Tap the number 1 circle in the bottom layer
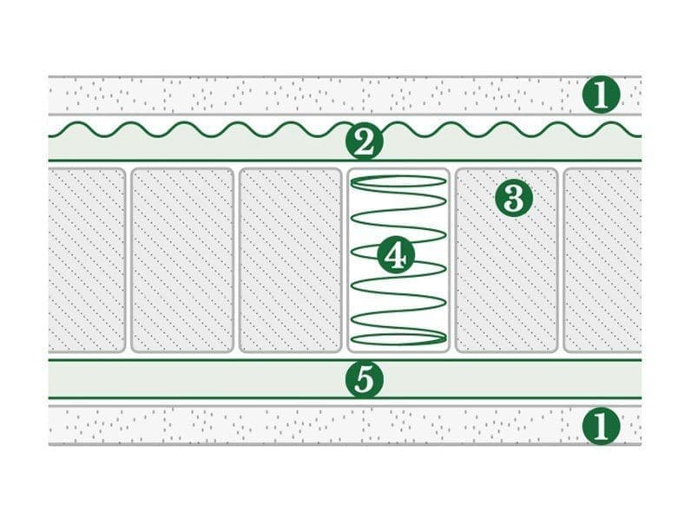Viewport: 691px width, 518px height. pos(601,426)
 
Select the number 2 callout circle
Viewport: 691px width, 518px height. pos(364,141)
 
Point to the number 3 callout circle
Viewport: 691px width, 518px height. pos(513,198)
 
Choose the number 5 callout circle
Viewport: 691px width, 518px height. pos(364,380)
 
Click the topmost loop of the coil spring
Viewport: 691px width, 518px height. pos(398,182)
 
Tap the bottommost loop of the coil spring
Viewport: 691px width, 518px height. pos(398,338)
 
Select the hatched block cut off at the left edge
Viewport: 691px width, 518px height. pos(87,260)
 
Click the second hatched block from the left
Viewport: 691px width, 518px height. pos(182,260)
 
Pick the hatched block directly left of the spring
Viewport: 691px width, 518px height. pos(290,260)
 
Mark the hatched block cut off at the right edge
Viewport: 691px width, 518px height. pos(602,260)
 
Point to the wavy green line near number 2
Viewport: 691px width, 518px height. pos(345,128)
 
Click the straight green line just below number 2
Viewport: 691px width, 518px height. pos(345,161)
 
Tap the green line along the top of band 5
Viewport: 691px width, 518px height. pos(345,360)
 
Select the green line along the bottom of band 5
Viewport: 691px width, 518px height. pos(345,397)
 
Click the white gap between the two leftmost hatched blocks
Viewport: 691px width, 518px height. pos(128,260)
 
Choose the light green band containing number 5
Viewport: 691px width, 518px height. pos(345,379)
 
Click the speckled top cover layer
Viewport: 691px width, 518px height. pos(345,95)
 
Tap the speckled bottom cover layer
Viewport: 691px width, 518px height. pos(345,426)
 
